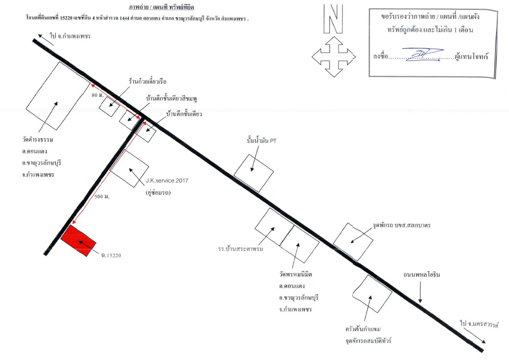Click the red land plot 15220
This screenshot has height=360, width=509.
79,241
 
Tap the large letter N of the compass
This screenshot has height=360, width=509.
333,19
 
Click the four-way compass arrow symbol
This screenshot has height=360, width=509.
334,57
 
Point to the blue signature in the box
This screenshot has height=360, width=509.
422,54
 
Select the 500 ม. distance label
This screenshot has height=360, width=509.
102,197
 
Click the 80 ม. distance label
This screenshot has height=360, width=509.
97,95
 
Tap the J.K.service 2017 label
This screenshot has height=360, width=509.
167,181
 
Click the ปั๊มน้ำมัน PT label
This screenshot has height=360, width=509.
261,141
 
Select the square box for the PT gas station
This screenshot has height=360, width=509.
254,173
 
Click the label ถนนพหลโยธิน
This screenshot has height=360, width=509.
422,274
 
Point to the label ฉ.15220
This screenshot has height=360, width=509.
111,255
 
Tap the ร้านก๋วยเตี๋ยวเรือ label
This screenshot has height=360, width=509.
147,81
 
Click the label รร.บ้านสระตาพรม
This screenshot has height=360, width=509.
241,249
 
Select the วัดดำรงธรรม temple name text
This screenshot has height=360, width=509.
37,140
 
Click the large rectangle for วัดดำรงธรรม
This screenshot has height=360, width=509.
58,96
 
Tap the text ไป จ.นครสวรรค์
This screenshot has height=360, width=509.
479,324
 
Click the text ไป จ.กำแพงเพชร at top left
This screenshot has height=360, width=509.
70,36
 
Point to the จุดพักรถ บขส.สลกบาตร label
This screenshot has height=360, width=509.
402,225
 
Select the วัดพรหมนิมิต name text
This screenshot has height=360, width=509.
296,274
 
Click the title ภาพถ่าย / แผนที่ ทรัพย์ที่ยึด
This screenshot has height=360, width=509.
161,7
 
